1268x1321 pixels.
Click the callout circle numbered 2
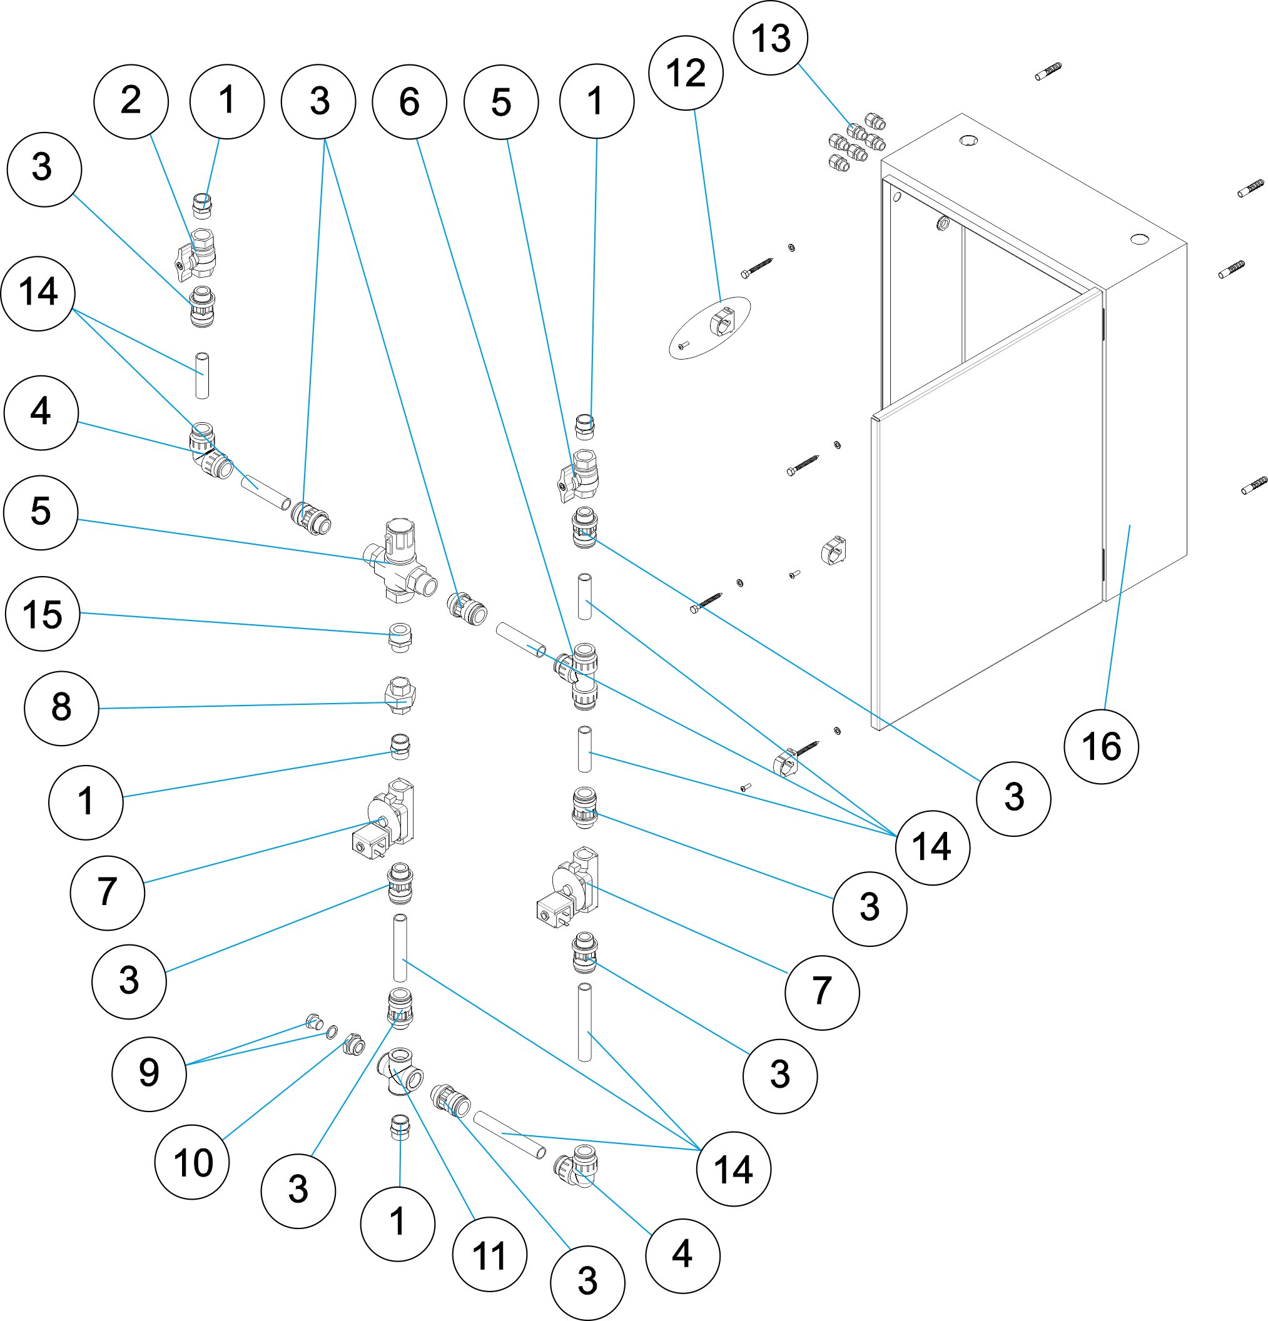[x=131, y=102]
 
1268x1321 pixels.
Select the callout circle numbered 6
[x=409, y=102]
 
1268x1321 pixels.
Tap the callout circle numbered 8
[x=61, y=707]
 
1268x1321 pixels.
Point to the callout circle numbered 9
[x=149, y=1074]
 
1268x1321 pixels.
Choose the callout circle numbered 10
[x=192, y=1162]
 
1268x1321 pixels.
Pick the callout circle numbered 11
[x=489, y=1254]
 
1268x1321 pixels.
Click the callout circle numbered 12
[x=686, y=73]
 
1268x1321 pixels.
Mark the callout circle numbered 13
[x=771, y=38]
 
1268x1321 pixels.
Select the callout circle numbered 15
[x=43, y=614]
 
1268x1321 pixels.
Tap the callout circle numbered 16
[x=1101, y=747]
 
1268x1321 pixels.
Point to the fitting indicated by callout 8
[x=399, y=696]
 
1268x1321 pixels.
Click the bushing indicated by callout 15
[x=400, y=636]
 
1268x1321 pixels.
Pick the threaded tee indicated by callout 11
[x=401, y=1071]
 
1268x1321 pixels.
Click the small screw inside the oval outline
[x=683, y=347]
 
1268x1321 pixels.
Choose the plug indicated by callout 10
[x=354, y=1045]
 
